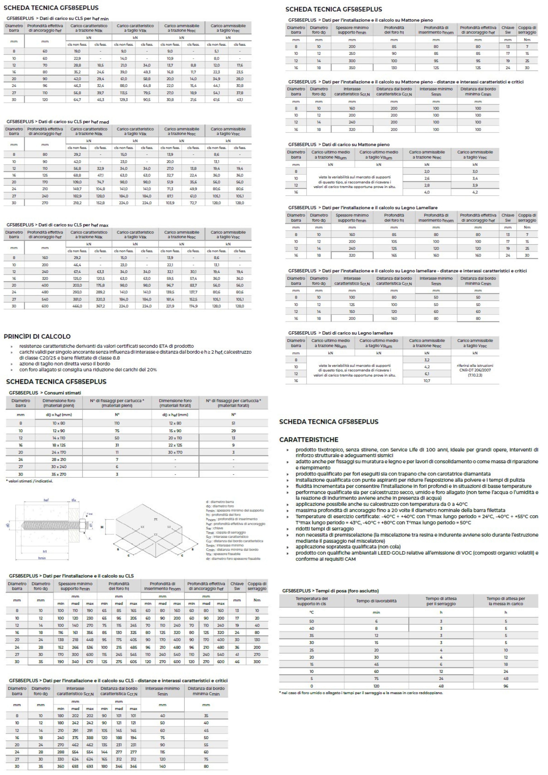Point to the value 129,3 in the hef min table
pyautogui.click(x=124, y=100)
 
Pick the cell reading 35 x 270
pyautogui.click(x=59, y=474)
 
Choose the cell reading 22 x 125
pyautogui.click(x=175, y=445)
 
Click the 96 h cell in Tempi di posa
pyautogui.click(x=506, y=686)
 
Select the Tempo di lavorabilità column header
pyautogui.click(x=376, y=601)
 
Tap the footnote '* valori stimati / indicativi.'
pyautogui.click(x=30, y=481)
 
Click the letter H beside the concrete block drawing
pyautogui.click(x=102, y=527)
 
